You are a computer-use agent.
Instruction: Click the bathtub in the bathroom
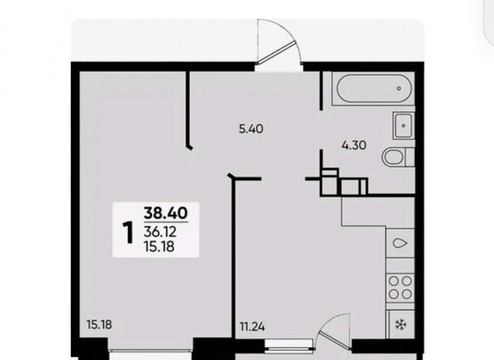374,88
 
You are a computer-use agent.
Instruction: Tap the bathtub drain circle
399,88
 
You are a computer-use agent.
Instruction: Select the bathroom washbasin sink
403,125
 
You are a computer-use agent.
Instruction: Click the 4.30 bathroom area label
354,145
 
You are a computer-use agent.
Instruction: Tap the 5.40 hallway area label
251,129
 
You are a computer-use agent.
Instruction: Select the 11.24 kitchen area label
252,327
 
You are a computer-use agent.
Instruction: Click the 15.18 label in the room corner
100,324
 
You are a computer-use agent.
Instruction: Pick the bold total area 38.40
166,212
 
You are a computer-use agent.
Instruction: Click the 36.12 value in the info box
160,233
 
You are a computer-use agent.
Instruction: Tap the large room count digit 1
128,233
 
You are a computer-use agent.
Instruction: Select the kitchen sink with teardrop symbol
400,243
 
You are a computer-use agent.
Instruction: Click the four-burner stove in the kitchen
400,288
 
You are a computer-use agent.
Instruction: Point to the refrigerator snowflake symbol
401,324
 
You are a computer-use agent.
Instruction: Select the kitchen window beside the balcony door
289,345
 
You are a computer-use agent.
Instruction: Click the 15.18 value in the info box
159,246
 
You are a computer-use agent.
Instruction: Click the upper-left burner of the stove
394,280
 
